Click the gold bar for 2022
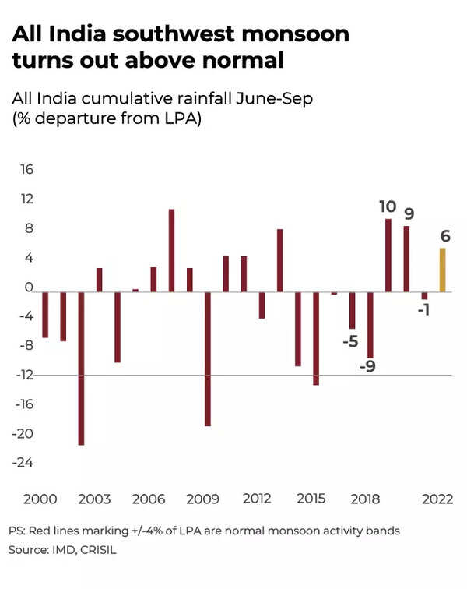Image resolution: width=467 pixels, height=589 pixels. pos(443,270)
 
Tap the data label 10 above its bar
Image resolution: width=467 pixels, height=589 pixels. pos(388,207)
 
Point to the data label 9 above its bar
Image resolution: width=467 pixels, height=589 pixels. pos(409,214)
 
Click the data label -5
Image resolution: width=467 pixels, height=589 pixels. pos(350,341)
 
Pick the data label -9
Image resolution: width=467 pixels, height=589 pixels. pos(368,365)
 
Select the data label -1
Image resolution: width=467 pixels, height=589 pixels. pos(424,310)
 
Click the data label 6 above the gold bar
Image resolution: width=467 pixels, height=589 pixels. pos(444,236)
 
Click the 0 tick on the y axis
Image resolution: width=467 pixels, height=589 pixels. pos(28,287)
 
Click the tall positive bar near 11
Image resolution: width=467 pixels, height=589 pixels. pos(171,251)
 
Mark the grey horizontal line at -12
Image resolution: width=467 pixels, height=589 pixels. pos(233,376)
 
